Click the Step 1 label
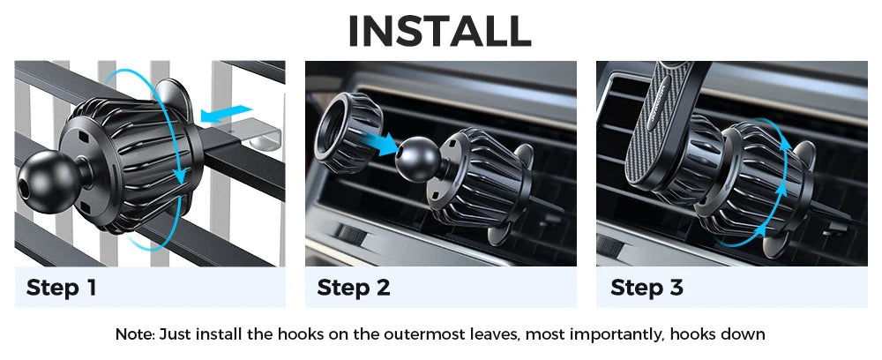pyautogui.click(x=61, y=288)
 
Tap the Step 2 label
pyautogui.click(x=353, y=288)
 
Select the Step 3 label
pyautogui.click(x=647, y=288)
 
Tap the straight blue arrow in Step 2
pyautogui.click(x=377, y=140)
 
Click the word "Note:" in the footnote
pyautogui.click(x=135, y=334)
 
